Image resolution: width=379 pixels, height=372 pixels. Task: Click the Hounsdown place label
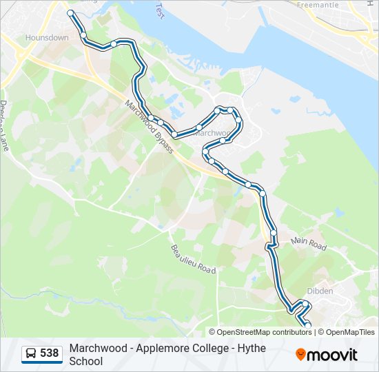point(47,38)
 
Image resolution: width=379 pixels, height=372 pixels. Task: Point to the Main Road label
point(308,242)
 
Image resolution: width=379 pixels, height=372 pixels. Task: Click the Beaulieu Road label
point(193,259)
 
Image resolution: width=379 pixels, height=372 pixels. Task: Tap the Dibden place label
point(320,291)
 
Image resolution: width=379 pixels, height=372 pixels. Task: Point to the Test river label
point(160,10)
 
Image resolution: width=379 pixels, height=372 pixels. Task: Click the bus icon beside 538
point(31,354)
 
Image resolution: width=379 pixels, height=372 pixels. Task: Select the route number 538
point(50,354)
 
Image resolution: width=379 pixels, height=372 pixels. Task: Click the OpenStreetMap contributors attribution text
point(264,332)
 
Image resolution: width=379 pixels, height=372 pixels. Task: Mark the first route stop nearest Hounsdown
point(70,13)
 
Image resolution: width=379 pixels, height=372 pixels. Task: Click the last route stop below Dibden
point(307,326)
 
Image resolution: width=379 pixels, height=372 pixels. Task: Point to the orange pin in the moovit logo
point(300,355)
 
